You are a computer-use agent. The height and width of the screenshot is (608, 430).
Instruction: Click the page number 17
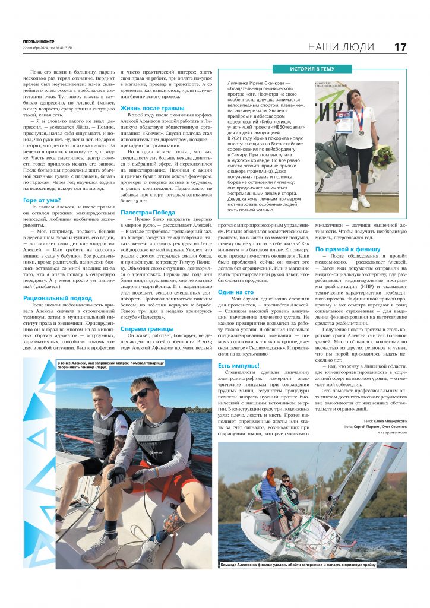(x=400, y=46)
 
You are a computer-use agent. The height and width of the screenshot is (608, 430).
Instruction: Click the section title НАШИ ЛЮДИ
(x=341, y=47)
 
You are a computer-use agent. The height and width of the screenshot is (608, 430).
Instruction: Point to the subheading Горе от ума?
(x=40, y=201)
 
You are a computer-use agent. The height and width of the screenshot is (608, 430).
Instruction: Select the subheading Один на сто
(x=236, y=292)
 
